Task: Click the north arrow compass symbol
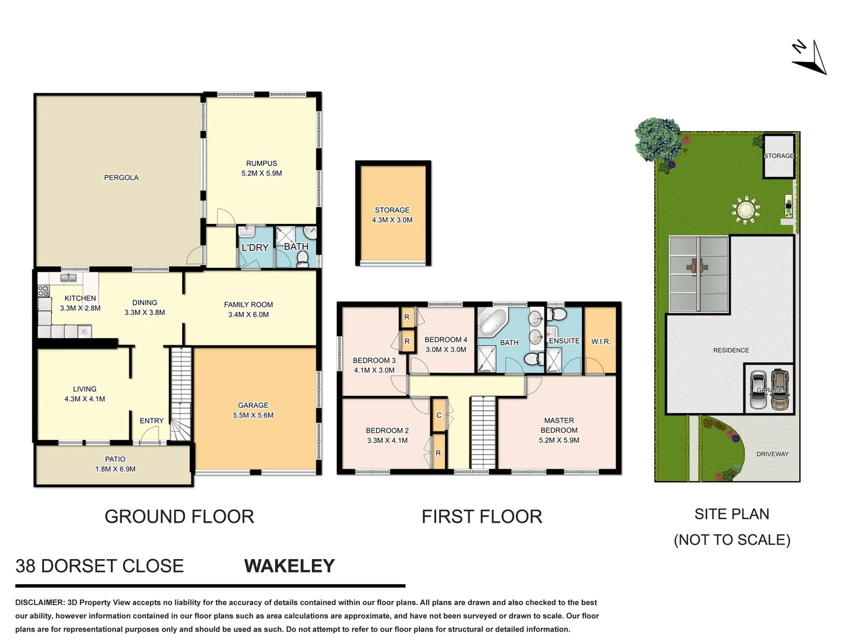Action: [x=811, y=58]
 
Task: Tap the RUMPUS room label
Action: [x=261, y=163]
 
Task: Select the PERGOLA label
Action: [x=121, y=177]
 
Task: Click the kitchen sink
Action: [x=68, y=277]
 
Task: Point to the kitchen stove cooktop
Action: [x=43, y=291]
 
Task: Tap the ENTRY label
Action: [x=152, y=421]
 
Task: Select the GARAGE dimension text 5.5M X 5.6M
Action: [x=253, y=416]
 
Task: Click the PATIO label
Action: [x=115, y=459]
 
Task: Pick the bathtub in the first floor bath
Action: [x=492, y=321]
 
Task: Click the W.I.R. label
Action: [x=600, y=342]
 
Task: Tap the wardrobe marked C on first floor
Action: [x=439, y=415]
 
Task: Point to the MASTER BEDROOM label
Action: [x=559, y=425]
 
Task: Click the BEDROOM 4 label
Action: [x=446, y=340]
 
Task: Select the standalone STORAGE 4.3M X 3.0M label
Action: [x=392, y=215]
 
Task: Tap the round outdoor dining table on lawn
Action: [x=745, y=210]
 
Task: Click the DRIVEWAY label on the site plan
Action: [x=772, y=454]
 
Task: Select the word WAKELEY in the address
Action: [x=289, y=566]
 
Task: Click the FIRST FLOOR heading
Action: [x=481, y=517]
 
